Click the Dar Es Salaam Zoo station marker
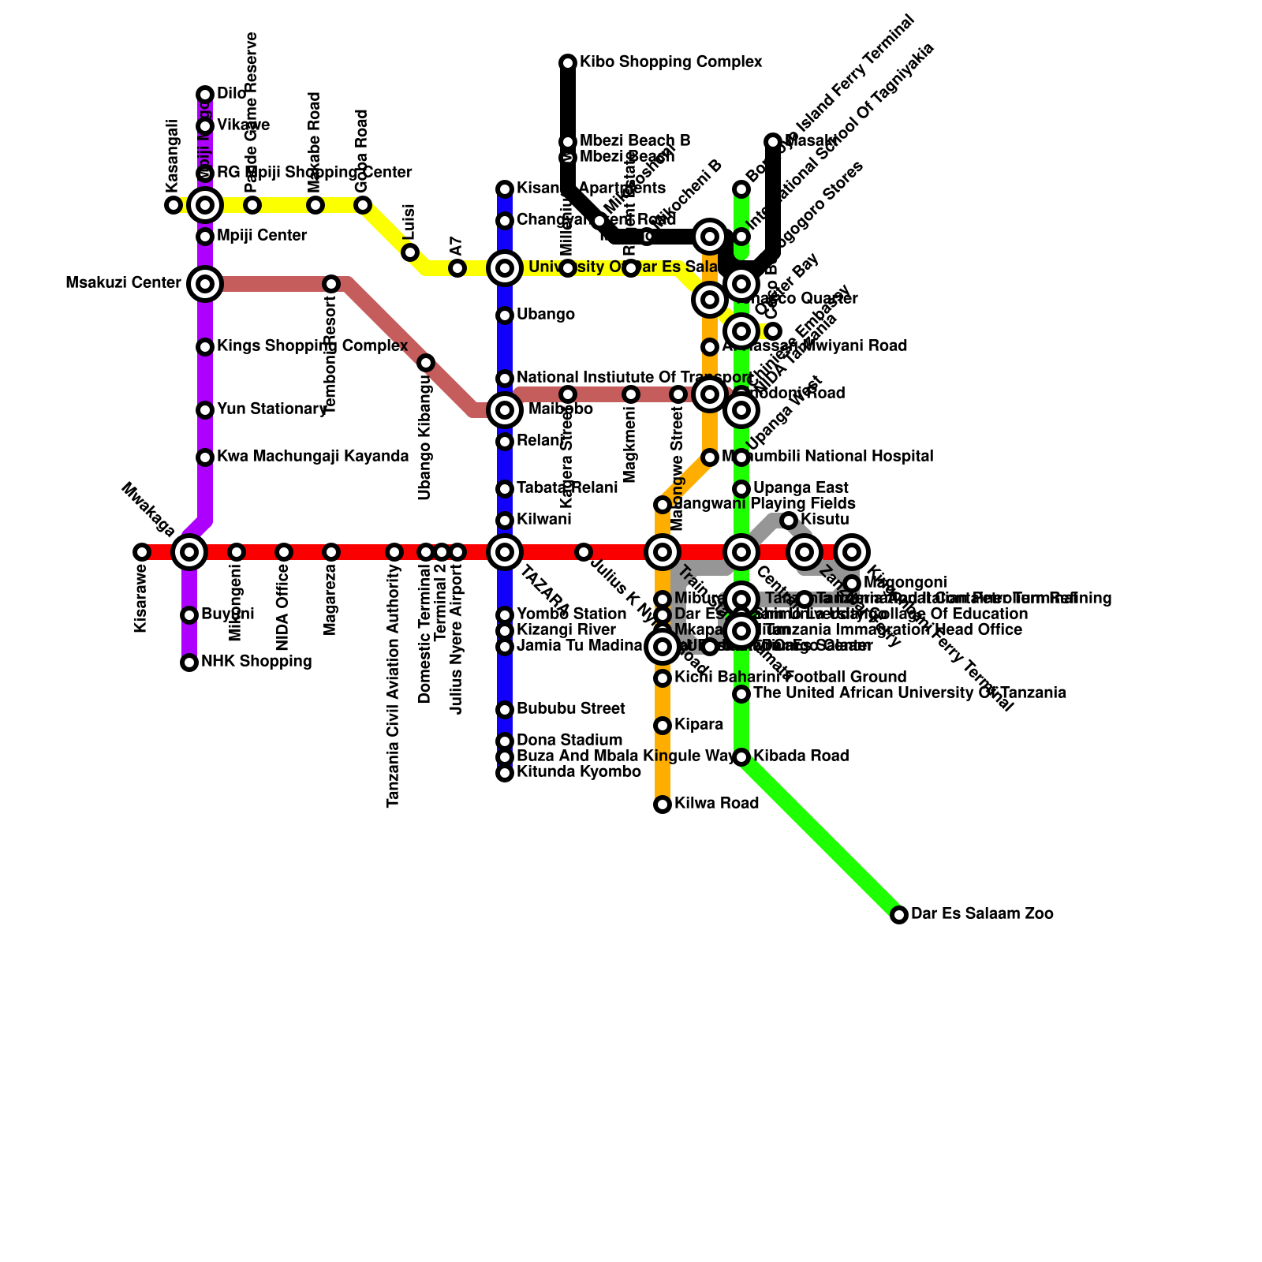click(x=898, y=915)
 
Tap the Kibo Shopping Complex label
click(x=670, y=62)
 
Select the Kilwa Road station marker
click(x=663, y=805)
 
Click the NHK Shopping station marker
click(x=189, y=663)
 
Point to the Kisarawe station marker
click(x=142, y=552)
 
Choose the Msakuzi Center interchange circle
click(x=205, y=283)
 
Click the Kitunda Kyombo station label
click(x=578, y=772)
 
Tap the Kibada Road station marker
click(x=741, y=757)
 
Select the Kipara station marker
click(x=663, y=726)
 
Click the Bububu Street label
click(x=570, y=709)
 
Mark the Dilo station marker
click(x=205, y=95)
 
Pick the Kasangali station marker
click(x=174, y=205)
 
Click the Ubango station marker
click(x=505, y=315)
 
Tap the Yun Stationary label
click(x=271, y=409)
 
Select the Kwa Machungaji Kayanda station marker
click(x=205, y=457)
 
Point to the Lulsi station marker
click(x=410, y=252)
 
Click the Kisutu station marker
click(x=789, y=521)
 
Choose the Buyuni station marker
click(x=189, y=615)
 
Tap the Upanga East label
click(x=800, y=488)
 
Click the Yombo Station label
click(x=571, y=614)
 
